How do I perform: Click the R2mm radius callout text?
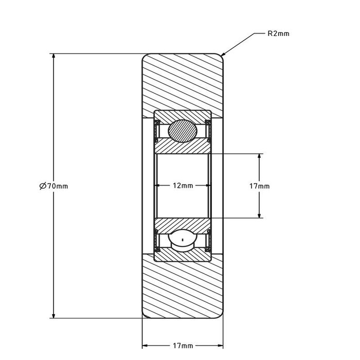point(279,34)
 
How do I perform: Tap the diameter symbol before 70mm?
point(43,186)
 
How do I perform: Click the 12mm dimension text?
point(183,186)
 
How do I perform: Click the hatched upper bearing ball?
point(183,130)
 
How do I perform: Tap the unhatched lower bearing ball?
point(183,240)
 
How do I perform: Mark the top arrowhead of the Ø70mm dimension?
point(53,56)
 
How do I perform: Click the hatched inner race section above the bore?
point(183,147)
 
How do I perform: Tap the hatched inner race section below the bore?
point(183,224)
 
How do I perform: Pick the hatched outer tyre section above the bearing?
point(183,82)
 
